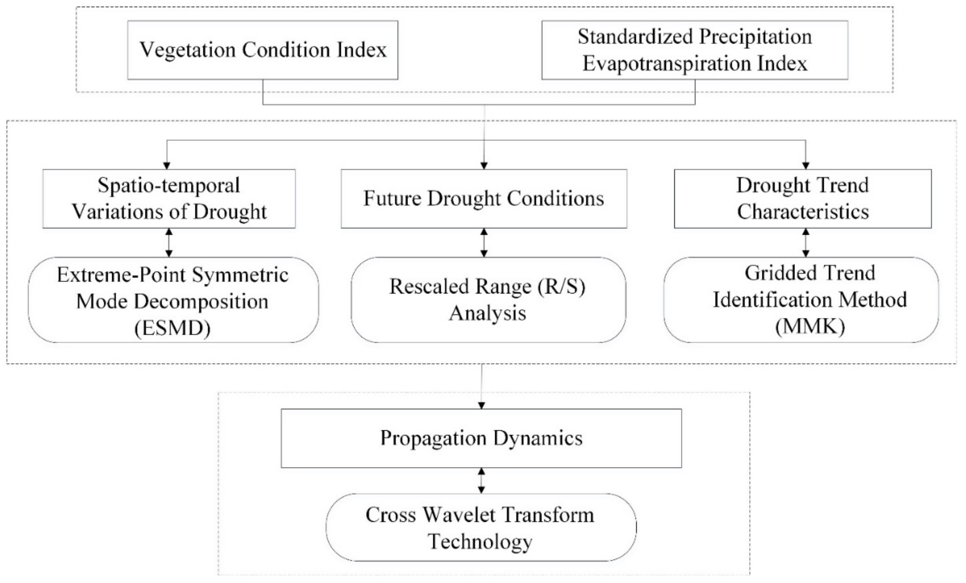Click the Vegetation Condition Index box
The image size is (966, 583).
point(263,50)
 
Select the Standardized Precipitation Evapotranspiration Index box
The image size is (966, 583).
point(695,50)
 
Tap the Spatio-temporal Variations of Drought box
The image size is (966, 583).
point(169,199)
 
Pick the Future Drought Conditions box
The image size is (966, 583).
point(484,199)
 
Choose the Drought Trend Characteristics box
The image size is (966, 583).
point(802,199)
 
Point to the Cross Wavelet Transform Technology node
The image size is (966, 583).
point(481,527)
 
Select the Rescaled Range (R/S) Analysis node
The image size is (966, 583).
point(488,300)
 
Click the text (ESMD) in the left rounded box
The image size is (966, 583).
point(173,328)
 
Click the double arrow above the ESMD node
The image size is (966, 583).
point(169,243)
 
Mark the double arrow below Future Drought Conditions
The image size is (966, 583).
point(484,243)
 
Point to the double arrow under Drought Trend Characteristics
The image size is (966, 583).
point(806,243)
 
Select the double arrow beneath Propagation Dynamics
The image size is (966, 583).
point(482,481)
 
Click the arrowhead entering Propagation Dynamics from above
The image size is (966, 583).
point(482,405)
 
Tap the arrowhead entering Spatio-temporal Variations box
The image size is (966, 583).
point(167,165)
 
